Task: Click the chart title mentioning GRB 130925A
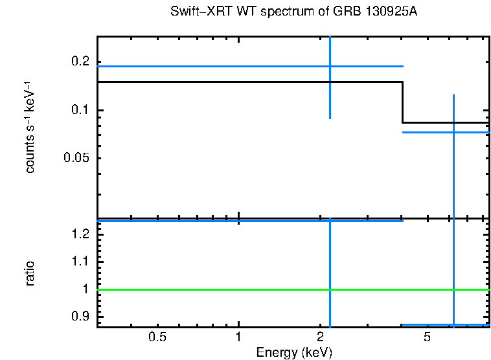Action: pyautogui.click(x=294, y=12)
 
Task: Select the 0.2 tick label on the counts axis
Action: pyautogui.click(x=80, y=62)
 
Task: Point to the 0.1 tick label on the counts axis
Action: pyautogui.click(x=80, y=110)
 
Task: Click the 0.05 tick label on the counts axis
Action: pyautogui.click(x=76, y=159)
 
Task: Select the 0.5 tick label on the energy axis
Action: pyautogui.click(x=157, y=337)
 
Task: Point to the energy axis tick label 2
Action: pyautogui.click(x=320, y=337)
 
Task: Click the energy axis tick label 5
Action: pyautogui.click(x=427, y=337)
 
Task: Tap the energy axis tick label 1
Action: pyautogui.click(x=239, y=337)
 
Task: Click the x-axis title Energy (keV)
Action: pyautogui.click(x=294, y=352)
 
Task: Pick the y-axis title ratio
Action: pyautogui.click(x=30, y=273)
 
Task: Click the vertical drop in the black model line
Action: pyautogui.click(x=403, y=102)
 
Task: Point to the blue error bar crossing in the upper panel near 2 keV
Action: pyautogui.click(x=330, y=66)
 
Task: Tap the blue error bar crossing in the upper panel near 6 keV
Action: pyautogui.click(x=453, y=132)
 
